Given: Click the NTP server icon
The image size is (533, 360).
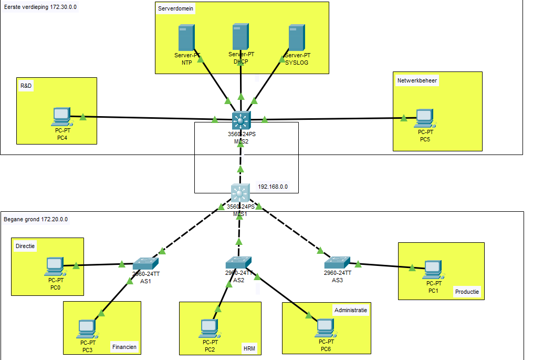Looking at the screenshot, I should point(186,38).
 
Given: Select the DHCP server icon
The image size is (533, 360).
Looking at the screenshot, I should point(241,37).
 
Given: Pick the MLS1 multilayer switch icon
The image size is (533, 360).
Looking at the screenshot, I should point(241,193).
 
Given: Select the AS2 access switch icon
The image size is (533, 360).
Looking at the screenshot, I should point(239,262).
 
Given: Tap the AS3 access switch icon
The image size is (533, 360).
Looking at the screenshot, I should point(337,262).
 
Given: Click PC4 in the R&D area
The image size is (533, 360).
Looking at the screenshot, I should point(61,117).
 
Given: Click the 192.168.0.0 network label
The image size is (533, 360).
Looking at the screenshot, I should point(273,187).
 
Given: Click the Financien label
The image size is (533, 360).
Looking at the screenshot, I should point(124,347).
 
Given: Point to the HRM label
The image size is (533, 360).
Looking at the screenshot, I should point(249,348).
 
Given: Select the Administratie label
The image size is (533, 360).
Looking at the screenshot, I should point(351,310).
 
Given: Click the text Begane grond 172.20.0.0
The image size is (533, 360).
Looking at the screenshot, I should point(36,219).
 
